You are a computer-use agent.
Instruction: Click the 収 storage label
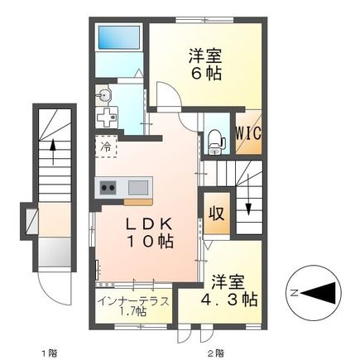pyautogui.click(x=217, y=213)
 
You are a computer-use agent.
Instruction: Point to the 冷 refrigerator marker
pyautogui.click(x=107, y=146)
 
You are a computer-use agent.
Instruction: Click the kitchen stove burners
pyautogui.click(x=108, y=186)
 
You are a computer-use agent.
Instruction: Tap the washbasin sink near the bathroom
pyautogui.click(x=103, y=96)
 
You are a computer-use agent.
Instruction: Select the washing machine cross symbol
pyautogui.click(x=107, y=118)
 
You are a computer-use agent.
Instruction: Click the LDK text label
pyautogui.click(x=148, y=223)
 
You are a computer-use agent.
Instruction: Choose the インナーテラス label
pyautogui.click(x=132, y=300)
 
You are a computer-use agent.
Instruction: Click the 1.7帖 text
pyautogui.click(x=132, y=312)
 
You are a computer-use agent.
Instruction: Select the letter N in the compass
pyautogui.click(x=293, y=291)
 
